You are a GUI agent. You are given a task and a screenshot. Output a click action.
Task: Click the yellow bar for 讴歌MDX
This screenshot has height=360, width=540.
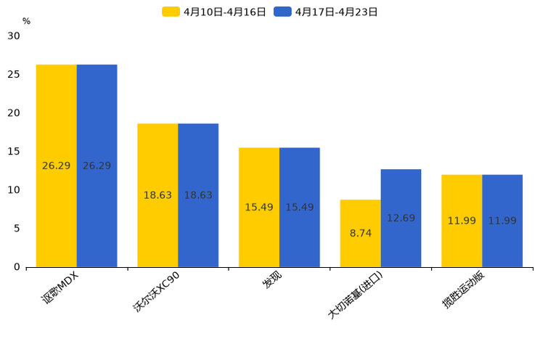57,165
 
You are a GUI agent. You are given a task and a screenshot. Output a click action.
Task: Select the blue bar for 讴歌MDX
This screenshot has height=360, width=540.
97,165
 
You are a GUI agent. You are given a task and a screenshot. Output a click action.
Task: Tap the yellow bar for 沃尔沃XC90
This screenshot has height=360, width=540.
157,195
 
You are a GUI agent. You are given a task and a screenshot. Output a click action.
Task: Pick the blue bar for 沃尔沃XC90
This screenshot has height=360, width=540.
198,195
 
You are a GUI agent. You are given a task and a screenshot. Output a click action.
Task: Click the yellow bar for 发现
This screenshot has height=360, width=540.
259,207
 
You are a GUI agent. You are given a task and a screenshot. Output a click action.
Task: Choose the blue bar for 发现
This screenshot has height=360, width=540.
300,207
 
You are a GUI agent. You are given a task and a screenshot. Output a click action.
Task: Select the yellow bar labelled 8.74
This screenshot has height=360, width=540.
360,233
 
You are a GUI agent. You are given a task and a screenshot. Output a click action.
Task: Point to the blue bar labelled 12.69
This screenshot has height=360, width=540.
401,218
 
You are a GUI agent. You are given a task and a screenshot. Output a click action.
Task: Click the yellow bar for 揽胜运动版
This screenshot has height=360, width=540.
462,221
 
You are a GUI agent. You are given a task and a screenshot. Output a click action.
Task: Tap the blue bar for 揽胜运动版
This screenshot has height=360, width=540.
502,221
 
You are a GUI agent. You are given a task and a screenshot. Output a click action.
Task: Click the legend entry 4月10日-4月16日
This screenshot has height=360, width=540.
215,12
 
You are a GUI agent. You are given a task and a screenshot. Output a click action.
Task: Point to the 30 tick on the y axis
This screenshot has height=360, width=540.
14,36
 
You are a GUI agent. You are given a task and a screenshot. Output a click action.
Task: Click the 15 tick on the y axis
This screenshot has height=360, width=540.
14,151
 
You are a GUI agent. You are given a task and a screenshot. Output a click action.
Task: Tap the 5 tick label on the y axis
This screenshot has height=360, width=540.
16,229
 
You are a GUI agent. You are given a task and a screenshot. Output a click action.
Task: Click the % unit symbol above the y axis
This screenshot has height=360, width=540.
26,21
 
